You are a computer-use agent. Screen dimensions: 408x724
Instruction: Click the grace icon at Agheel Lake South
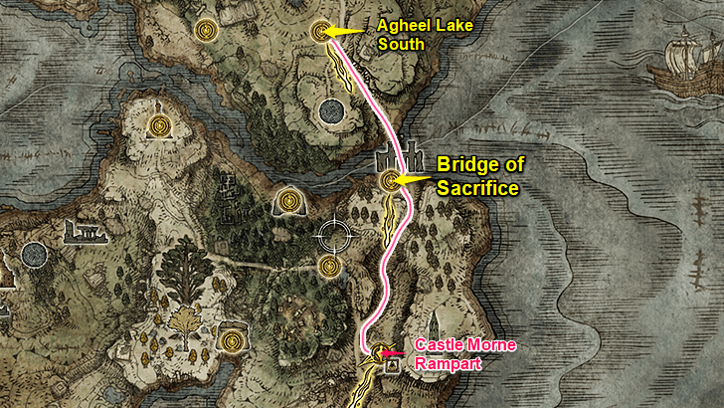pos(320,31)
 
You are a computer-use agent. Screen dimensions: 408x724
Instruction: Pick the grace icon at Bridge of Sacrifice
pos(391,180)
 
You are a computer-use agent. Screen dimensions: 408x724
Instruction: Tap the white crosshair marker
pos(334,236)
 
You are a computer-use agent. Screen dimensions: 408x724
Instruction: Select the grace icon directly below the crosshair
pos(331,266)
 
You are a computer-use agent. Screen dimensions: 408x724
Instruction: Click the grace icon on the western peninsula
pos(159,125)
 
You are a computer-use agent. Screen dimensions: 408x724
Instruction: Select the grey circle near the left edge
pos(33,254)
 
